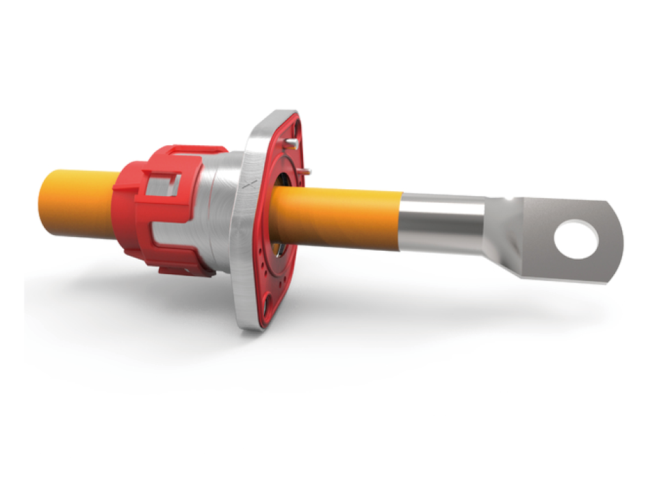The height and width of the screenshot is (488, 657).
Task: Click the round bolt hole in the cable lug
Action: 576,240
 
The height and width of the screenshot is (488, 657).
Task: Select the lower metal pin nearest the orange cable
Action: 305,171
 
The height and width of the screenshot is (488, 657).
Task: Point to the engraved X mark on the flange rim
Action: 251,184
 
